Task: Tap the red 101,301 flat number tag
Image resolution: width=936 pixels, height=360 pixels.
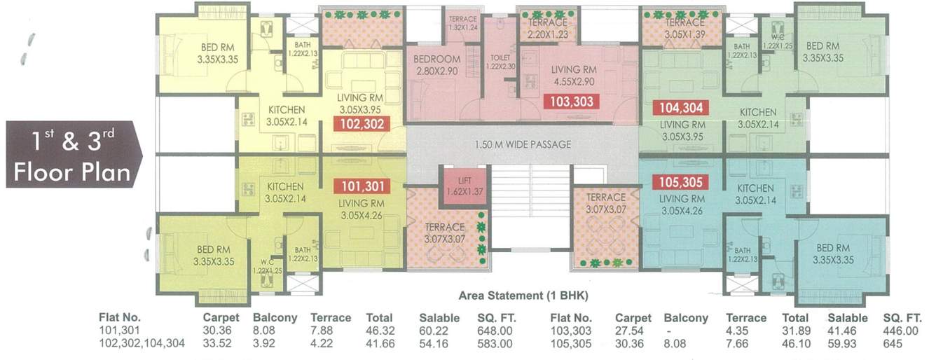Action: [x=362, y=186]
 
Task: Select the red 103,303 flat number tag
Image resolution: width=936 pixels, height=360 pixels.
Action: [x=572, y=102]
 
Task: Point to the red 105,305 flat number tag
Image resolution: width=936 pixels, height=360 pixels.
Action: [x=680, y=182]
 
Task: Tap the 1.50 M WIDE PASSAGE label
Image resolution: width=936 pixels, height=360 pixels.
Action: [x=523, y=145]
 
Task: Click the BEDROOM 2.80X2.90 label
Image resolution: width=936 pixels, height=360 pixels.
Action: [x=436, y=64]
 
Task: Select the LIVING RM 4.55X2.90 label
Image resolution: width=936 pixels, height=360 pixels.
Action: [x=573, y=76]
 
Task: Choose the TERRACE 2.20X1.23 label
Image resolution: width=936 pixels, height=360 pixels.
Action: [x=547, y=29]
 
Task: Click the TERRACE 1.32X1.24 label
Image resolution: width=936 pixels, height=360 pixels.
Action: [x=462, y=23]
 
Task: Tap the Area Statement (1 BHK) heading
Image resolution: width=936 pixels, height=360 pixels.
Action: [x=512, y=296]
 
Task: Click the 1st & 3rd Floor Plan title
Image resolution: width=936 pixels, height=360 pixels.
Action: [x=74, y=154]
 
